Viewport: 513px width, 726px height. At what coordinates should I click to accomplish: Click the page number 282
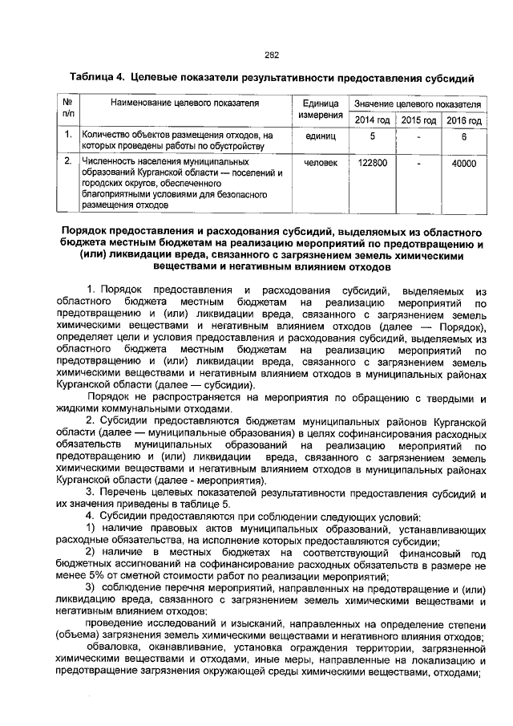271,55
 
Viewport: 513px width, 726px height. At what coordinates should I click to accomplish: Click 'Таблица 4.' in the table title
97,78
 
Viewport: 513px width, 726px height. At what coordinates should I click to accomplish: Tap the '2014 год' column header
372,120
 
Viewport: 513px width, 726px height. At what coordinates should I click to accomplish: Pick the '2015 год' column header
418,120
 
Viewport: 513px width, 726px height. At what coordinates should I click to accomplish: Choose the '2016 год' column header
463,120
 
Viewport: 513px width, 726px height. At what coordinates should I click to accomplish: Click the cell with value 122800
372,163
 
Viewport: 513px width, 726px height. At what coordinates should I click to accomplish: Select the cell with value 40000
463,163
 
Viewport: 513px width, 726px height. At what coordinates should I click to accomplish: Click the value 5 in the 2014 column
372,136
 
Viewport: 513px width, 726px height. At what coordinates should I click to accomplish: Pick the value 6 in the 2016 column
463,136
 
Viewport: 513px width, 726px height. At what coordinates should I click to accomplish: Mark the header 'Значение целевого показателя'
418,105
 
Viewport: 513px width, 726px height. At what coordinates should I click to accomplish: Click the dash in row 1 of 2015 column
418,137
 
